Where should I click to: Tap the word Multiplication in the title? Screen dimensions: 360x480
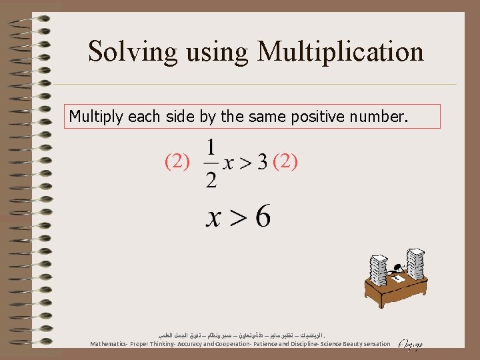coord(341,51)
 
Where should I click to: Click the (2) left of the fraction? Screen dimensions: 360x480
coord(177,161)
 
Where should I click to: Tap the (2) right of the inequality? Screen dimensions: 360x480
coord(285,161)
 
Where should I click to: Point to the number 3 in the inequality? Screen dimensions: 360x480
coord(262,162)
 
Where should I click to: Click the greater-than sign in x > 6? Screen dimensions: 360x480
coord(235,217)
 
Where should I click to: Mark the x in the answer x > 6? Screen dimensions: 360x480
coord(214,218)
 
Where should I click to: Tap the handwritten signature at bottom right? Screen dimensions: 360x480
coord(408,344)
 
